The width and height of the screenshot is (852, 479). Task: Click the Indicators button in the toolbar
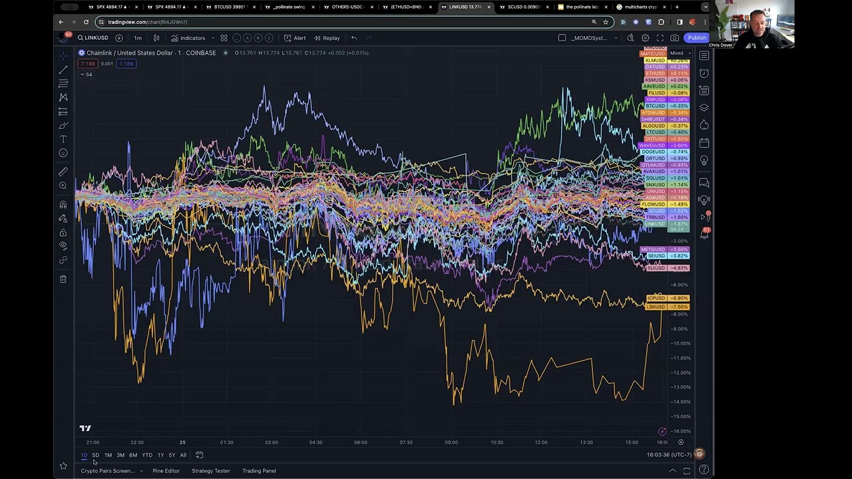188,38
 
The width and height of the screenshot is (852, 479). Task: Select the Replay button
327,38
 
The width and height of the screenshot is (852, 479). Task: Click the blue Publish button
697,38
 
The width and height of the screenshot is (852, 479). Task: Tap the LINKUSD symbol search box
93,38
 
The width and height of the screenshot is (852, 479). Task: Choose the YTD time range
147,455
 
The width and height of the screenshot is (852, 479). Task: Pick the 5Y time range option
172,455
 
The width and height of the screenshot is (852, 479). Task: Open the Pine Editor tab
166,471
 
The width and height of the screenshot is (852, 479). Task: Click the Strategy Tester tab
210,471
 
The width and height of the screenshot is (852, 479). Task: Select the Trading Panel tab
259,471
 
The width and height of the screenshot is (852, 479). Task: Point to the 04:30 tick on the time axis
316,442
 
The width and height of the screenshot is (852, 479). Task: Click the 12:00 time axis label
540,442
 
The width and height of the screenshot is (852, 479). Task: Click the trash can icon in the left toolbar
63,279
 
